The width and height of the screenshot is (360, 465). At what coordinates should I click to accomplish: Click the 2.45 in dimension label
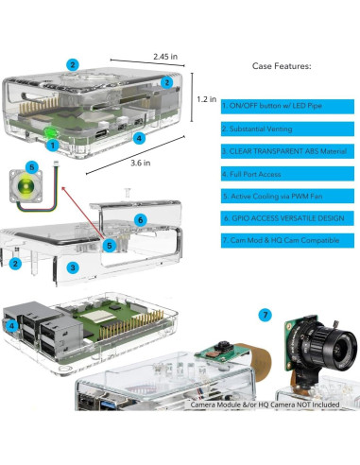tap(165, 57)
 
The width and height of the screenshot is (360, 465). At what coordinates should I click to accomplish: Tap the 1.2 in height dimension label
tap(207, 99)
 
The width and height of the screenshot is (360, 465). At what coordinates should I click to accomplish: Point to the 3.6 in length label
tap(141, 163)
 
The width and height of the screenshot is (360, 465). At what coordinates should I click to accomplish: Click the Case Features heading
tap(282, 66)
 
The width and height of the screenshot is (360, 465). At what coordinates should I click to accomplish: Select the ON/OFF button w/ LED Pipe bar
tap(287, 106)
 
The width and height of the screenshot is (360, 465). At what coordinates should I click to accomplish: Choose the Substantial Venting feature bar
tap(287, 129)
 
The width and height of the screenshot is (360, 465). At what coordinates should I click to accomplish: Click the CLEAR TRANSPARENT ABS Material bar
tap(287, 151)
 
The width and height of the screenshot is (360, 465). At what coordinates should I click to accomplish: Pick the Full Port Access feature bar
tap(287, 174)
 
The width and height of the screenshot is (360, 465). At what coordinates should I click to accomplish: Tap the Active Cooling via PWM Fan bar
tap(287, 196)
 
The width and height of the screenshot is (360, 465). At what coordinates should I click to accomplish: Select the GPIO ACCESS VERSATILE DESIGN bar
tap(287, 218)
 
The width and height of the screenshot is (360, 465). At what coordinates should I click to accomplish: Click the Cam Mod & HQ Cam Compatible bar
tap(287, 241)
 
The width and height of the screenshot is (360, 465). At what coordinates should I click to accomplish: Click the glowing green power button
tap(49, 132)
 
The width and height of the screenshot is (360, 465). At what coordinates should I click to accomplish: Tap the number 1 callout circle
tap(53, 146)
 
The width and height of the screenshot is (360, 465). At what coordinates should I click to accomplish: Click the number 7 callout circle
tap(266, 315)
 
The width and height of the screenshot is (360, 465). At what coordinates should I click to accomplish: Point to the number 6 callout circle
tap(141, 220)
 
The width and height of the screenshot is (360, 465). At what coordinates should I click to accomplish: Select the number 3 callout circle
tap(73, 267)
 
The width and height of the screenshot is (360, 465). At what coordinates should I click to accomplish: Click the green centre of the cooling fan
tap(26, 184)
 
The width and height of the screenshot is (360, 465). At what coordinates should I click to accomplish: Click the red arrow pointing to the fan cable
tap(83, 212)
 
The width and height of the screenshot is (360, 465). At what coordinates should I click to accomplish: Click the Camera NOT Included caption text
tap(265, 405)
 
